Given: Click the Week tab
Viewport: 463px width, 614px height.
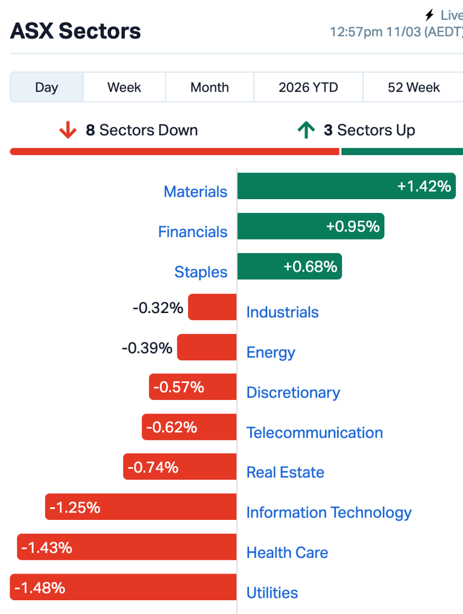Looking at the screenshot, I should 124,87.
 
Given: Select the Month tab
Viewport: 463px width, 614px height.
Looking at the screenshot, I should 209,87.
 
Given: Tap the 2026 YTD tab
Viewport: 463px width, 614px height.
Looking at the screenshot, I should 308,87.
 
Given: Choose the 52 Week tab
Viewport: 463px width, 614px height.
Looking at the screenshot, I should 414,87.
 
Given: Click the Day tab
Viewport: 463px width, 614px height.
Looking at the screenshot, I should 46,87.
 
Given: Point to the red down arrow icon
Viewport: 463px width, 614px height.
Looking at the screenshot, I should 68,130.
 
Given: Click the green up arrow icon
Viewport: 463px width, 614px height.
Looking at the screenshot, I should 306,130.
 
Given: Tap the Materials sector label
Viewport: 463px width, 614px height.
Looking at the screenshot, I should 195,192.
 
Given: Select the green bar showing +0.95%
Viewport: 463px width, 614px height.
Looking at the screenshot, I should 310,226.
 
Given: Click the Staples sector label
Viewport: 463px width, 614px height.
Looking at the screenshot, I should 201,272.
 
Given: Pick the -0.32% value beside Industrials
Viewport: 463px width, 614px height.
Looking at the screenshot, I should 158,308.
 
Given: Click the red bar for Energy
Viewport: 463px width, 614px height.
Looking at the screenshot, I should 207,347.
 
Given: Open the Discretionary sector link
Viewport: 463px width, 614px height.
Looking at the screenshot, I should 293,393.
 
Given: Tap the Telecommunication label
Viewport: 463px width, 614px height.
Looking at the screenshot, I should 314,432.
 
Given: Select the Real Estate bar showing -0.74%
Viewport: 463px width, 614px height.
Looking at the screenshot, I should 180,467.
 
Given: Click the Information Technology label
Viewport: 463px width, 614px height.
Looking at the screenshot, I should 329,513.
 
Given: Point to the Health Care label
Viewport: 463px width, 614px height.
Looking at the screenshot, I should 287,552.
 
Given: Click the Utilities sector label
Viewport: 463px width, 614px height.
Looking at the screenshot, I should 272,593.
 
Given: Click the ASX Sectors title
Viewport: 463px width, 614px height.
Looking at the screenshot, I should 75,31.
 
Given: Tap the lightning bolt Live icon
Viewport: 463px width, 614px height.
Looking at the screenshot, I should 430,15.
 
